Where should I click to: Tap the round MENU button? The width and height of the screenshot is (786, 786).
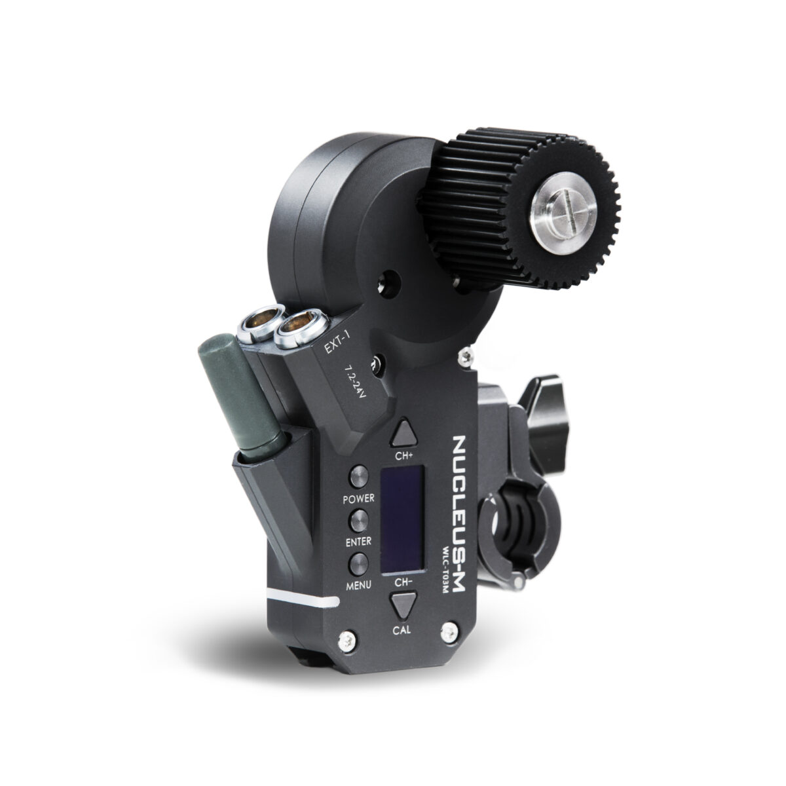[358, 564]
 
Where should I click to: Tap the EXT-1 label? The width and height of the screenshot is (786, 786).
[340, 345]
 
